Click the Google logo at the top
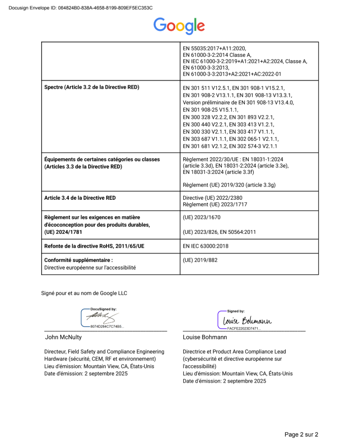(x=179, y=25)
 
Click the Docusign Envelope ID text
(x=80, y=8)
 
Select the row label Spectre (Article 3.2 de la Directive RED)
(x=92, y=87)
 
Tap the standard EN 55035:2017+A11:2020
(x=215, y=48)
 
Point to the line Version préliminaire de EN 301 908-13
(x=238, y=102)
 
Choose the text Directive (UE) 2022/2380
(x=213, y=198)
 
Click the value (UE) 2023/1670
(x=202, y=218)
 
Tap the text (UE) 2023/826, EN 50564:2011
(x=220, y=232)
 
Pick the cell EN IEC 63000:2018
(x=208, y=246)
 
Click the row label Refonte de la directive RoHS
(x=94, y=246)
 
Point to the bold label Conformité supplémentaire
(x=78, y=260)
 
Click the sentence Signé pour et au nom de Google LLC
(x=84, y=293)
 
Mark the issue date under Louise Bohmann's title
(x=224, y=381)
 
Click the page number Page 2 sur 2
(x=301, y=434)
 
